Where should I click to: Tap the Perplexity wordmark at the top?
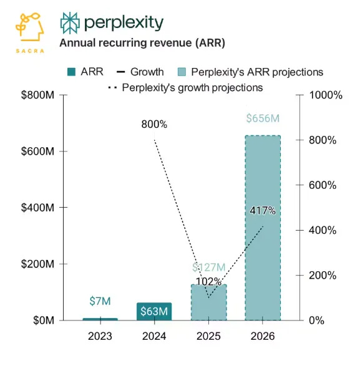pos(112,23)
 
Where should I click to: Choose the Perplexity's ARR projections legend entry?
pos(250,72)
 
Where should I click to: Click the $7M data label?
pos(100,301)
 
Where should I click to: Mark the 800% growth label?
pos(154,125)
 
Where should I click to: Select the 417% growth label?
pos(263,210)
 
